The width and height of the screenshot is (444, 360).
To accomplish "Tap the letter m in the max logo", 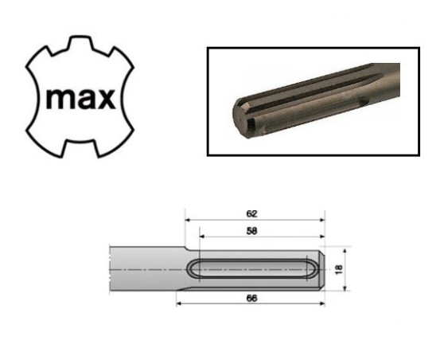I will [x=55, y=100].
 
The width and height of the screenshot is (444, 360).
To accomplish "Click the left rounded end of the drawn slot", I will [x=193, y=269].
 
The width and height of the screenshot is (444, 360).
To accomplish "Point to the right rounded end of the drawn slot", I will [x=309, y=269].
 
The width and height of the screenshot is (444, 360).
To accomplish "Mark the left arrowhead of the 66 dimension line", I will [x=181, y=303].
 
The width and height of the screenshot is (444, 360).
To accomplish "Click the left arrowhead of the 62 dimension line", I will [x=189, y=220].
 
